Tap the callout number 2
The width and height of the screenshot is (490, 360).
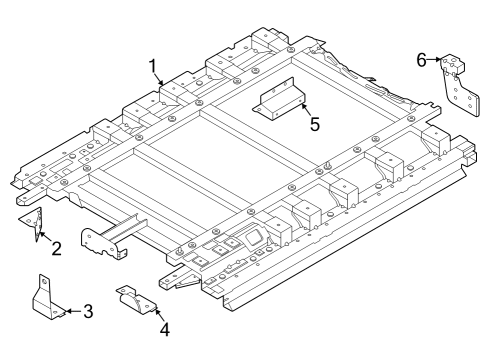coord(56,248)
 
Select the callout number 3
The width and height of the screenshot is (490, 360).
coord(88,311)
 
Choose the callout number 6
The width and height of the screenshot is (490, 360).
coord(422,60)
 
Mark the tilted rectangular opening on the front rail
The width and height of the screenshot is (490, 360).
coord(251,238)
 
